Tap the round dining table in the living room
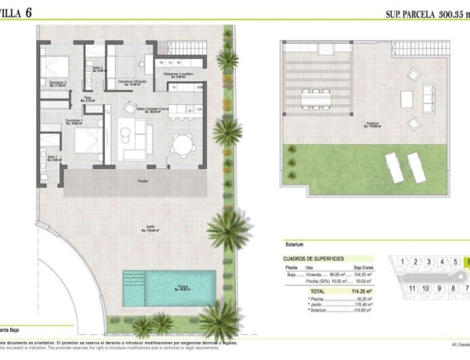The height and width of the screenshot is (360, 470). click(x=182, y=143)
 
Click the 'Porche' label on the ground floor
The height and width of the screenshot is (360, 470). click(x=143, y=181)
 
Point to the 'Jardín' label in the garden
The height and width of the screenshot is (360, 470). click(x=149, y=228)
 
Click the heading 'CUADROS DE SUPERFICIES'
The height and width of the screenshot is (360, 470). click(x=313, y=258)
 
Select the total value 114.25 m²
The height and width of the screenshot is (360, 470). click(x=363, y=290)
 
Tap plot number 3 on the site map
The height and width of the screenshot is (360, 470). click(x=428, y=261)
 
